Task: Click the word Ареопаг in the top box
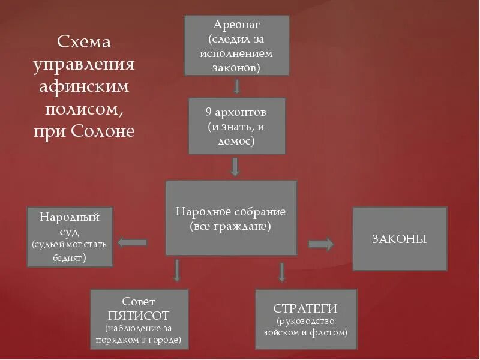[236, 25]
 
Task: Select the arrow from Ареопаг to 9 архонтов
[236, 86]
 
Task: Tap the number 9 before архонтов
[209, 113]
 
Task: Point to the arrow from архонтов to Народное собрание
[235, 167]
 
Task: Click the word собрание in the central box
[260, 212]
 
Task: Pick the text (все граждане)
[231, 227]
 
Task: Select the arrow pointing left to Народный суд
[133, 242]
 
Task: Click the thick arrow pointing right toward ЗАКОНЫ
[321, 244]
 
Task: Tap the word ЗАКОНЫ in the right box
[399, 239]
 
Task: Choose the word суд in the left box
[70, 231]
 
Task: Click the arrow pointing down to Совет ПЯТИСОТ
[176, 270]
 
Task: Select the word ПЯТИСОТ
[139, 315]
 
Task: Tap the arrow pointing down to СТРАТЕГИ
[281, 272]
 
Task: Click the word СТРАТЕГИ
[305, 308]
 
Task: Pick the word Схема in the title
[84, 43]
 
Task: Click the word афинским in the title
[84, 87]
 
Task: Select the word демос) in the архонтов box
[236, 142]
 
